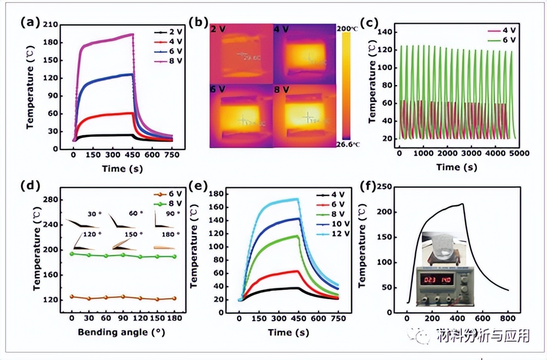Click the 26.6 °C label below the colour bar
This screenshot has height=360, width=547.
(x=348, y=144)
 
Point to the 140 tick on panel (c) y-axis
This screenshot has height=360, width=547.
(x=386, y=32)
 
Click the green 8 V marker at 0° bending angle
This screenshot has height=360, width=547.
(x=72, y=253)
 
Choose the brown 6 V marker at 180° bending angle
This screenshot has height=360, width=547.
(x=174, y=298)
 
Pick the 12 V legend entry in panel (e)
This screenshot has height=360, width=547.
(x=339, y=234)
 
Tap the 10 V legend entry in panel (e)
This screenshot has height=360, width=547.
(x=339, y=224)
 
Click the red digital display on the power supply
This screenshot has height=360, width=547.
(x=436, y=281)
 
